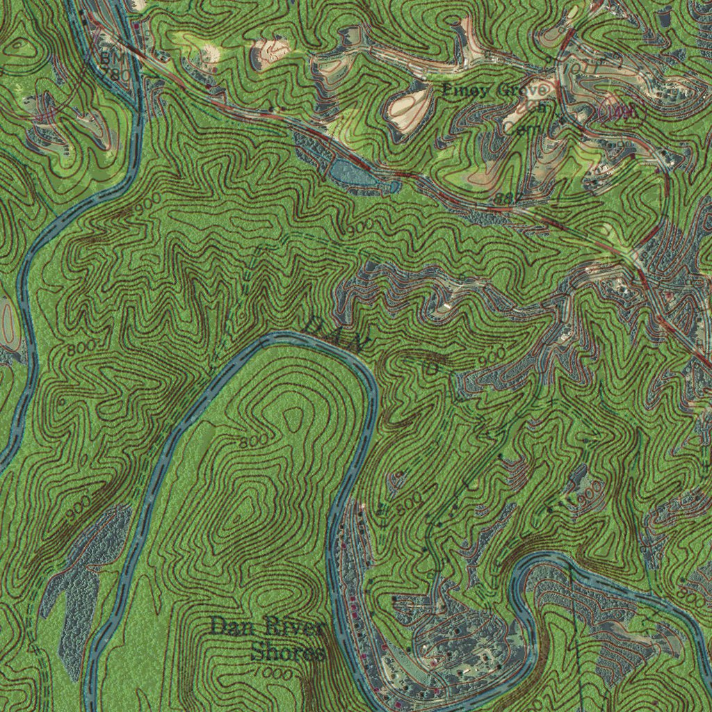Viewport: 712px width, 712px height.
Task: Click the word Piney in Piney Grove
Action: click(468, 90)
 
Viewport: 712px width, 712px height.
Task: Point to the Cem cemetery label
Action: click(518, 126)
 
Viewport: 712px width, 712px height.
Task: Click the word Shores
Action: click(288, 653)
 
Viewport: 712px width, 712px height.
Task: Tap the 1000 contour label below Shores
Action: click(267, 673)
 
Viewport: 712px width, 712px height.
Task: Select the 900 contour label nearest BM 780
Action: click(148, 201)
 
